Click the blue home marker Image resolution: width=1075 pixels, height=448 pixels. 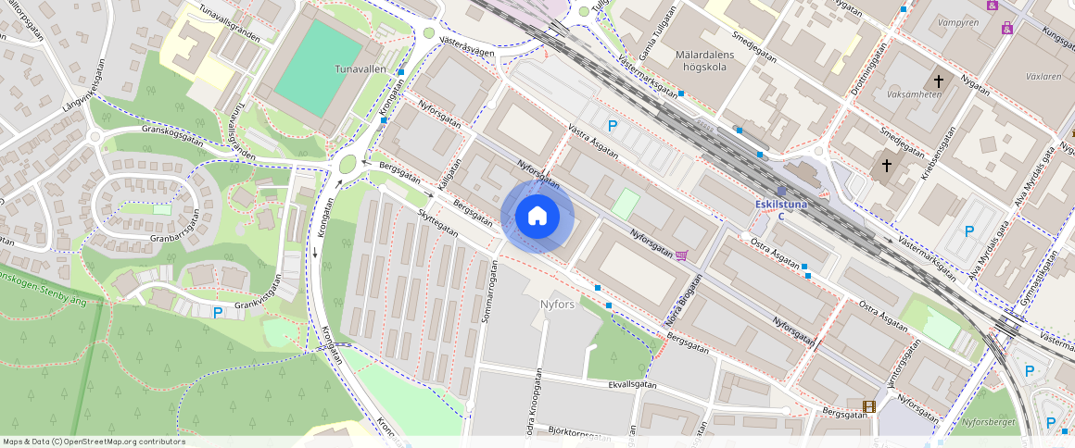tap(537, 217)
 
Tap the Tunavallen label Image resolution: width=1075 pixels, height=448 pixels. tap(360, 68)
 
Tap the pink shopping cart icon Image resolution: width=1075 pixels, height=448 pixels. tap(682, 255)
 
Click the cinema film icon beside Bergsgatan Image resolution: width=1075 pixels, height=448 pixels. tap(869, 406)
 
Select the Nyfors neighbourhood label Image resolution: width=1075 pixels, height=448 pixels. tap(557, 304)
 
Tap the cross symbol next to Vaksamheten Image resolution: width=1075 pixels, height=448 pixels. tap(939, 82)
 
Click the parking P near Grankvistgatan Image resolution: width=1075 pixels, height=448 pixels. tap(218, 313)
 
